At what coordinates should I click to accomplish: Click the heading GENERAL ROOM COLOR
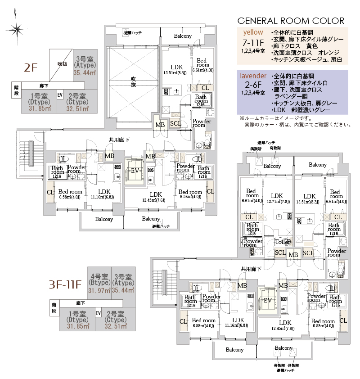click(x=290, y=21)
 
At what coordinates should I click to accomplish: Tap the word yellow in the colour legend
click(x=253, y=32)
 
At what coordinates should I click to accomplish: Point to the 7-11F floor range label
click(x=253, y=42)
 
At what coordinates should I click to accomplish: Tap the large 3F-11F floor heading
click(x=65, y=284)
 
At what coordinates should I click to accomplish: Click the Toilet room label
click(x=283, y=242)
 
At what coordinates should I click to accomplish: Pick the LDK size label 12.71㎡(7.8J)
click(x=277, y=201)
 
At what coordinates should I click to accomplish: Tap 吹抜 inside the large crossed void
click(x=133, y=81)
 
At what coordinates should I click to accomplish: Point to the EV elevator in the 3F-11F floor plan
click(x=267, y=300)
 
